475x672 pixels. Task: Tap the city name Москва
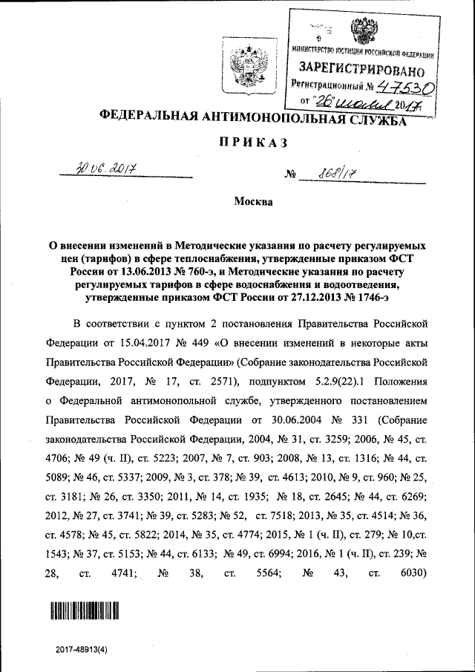253,202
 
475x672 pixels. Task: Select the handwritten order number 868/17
336,175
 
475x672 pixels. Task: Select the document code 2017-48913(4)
85,648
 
